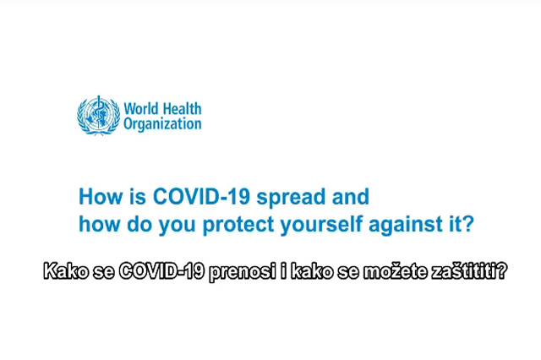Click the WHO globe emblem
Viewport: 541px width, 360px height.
coord(98,115)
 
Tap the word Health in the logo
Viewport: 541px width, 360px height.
coord(182,109)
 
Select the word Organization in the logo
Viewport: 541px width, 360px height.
coord(162,124)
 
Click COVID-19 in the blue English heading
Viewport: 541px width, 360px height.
coord(201,197)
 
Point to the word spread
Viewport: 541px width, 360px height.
coord(291,198)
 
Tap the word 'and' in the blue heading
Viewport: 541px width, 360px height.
coord(351,197)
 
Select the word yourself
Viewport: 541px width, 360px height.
coord(321,226)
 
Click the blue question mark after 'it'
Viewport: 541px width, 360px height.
coord(467,224)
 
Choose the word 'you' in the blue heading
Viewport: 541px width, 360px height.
coord(177,226)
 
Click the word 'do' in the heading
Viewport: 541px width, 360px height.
coord(139,224)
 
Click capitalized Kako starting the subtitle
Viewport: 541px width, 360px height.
coord(66,271)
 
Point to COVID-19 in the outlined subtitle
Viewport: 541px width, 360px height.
coord(161,271)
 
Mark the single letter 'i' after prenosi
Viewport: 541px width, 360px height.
coord(284,271)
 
